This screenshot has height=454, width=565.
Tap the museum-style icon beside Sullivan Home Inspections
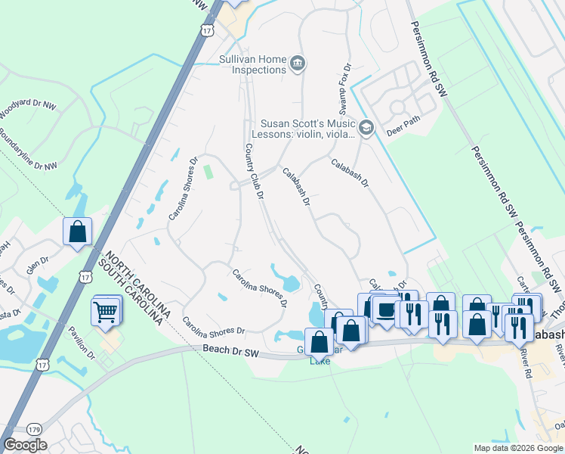click(298, 63)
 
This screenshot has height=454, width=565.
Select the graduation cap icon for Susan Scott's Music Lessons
click(366, 128)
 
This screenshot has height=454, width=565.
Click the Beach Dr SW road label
click(230, 349)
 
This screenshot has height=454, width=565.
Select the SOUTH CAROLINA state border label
click(125, 290)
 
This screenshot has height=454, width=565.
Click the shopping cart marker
click(106, 310)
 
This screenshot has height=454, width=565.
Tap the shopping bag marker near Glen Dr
click(78, 232)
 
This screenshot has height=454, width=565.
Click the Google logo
click(25, 445)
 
